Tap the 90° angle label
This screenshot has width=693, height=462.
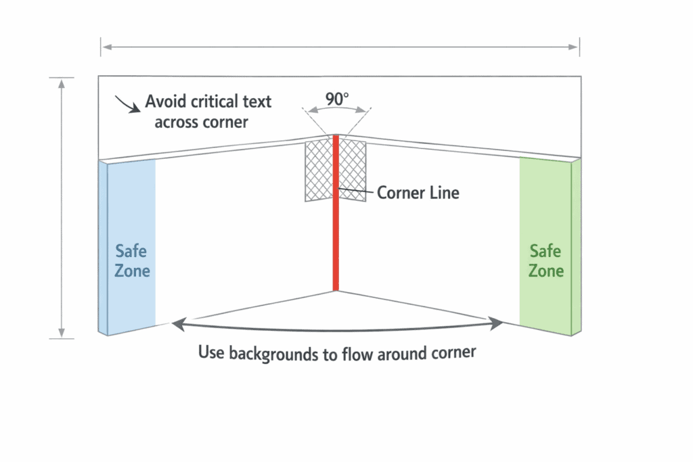pyautogui.click(x=336, y=99)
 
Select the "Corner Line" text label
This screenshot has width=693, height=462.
pyautogui.click(x=418, y=193)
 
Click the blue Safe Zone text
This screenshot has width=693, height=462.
pyautogui.click(x=131, y=261)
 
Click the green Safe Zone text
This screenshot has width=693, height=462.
pyautogui.click(x=545, y=261)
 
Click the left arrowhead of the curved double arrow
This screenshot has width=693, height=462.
pyautogui.click(x=176, y=325)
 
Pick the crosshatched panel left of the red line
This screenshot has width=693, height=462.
pyautogui.click(x=318, y=171)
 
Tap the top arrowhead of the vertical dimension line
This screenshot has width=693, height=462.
pyautogui.click(x=62, y=82)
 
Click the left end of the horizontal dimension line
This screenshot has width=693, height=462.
pyautogui.click(x=102, y=47)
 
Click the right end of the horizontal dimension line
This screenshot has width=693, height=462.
pyautogui.click(x=579, y=47)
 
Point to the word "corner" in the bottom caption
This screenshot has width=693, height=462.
pyautogui.click(x=452, y=353)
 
